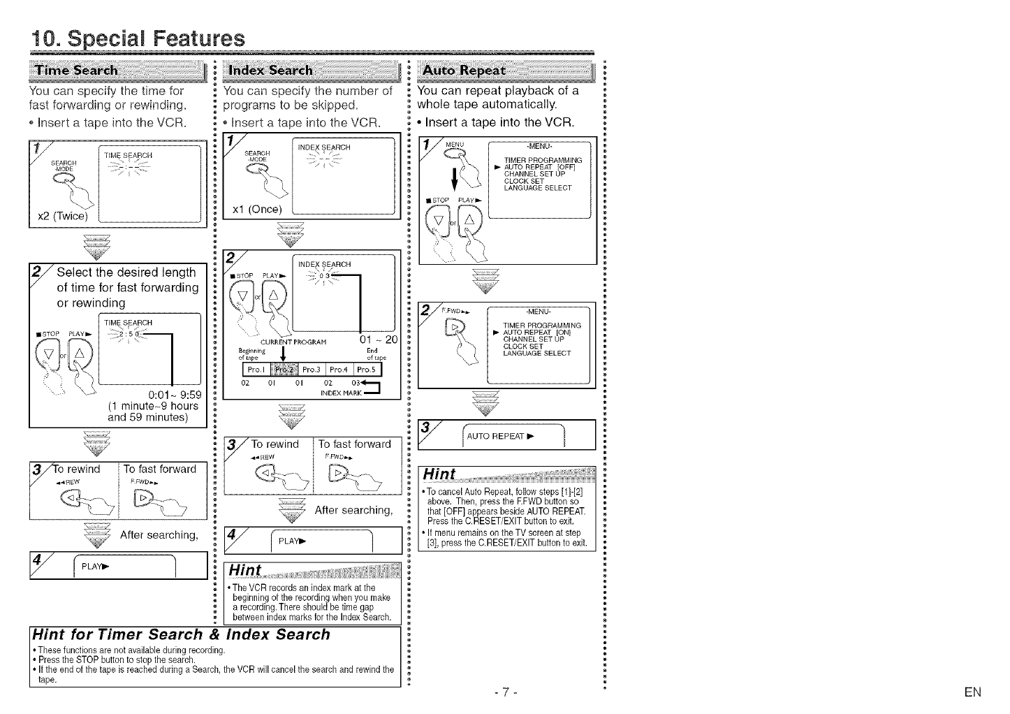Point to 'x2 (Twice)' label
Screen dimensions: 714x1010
tap(62, 215)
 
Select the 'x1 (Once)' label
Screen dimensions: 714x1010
tap(256, 210)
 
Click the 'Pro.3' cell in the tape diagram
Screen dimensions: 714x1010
tap(313, 370)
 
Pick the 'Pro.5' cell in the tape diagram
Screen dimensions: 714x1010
tap(367, 370)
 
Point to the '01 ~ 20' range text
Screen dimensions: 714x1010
tap(377, 340)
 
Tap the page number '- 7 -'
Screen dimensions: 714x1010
tap(504, 692)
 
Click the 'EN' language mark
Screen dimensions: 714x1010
tap(972, 692)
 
